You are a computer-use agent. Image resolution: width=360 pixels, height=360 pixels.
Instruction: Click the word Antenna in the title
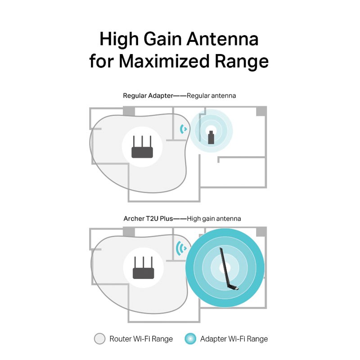point(222,39)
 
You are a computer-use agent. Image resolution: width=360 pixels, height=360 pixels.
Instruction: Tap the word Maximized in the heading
point(164,61)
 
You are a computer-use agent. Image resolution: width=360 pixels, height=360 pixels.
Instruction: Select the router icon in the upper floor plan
point(142,147)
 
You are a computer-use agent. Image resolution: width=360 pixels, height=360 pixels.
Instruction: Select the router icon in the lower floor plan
point(143,268)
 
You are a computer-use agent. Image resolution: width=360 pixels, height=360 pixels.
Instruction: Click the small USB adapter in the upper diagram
point(211,137)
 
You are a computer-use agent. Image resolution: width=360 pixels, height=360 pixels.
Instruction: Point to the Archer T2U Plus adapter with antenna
point(228,269)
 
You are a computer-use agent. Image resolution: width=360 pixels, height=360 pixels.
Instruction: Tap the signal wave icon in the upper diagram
point(183,129)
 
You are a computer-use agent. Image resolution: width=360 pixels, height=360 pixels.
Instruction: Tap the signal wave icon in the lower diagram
point(181,248)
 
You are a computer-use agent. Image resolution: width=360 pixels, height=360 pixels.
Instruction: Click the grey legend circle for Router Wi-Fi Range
point(99,339)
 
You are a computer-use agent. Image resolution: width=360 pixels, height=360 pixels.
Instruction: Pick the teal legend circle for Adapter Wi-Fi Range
point(190,339)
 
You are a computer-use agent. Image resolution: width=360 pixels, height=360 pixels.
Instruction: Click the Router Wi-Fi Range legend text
point(141,339)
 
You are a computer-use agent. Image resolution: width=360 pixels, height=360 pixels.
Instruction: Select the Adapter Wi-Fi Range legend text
point(234,339)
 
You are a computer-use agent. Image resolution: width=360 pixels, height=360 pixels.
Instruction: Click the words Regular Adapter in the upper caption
point(148,96)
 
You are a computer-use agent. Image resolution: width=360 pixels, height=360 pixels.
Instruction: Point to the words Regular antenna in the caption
point(211,96)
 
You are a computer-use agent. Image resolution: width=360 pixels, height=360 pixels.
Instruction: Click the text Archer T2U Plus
point(148,219)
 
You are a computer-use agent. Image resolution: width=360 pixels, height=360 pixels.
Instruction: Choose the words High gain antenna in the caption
point(214,219)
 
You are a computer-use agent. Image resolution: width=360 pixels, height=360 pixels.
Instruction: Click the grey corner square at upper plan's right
point(261,111)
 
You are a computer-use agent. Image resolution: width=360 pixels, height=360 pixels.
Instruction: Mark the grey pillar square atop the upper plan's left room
point(129,111)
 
